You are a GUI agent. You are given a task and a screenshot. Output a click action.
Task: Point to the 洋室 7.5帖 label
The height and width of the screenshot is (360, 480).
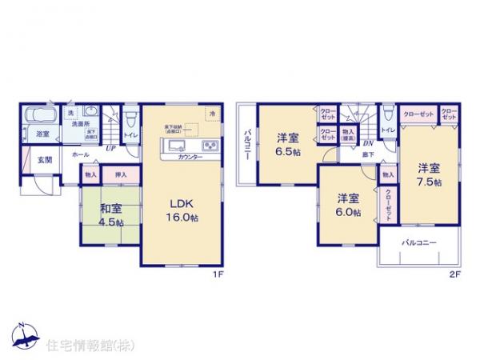coord(427,174)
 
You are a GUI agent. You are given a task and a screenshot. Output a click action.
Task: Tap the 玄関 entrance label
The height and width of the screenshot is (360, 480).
coord(44,159)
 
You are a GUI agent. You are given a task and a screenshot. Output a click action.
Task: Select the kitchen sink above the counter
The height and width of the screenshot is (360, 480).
coord(177,145)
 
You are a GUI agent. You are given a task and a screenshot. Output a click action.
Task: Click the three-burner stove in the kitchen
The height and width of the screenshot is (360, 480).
coord(210,145)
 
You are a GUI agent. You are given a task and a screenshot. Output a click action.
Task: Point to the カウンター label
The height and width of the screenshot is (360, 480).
coord(189,157)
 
